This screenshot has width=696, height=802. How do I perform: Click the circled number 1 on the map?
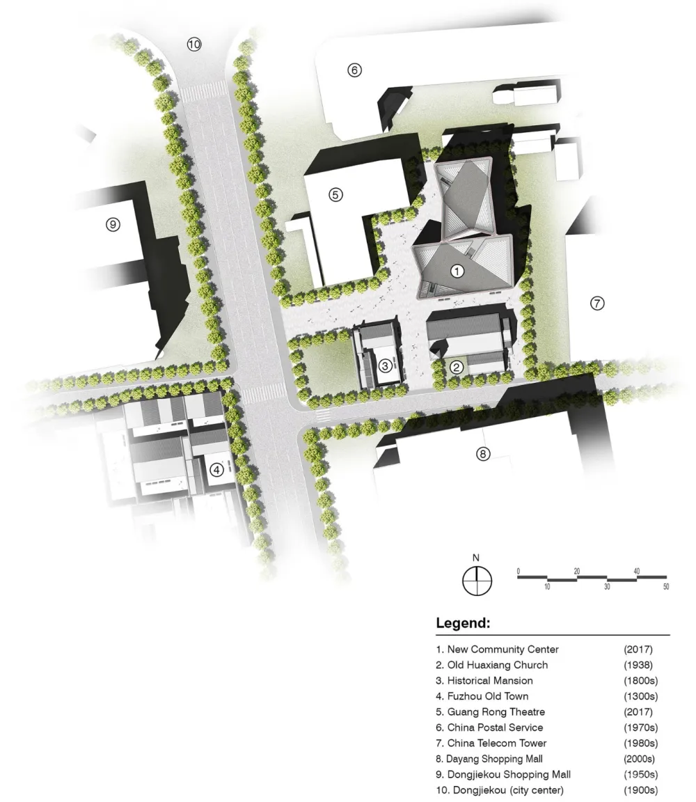(457, 271)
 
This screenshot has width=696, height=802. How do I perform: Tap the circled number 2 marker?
(457, 367)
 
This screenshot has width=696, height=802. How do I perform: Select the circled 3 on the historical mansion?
(385, 365)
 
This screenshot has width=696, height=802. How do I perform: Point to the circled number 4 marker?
(217, 469)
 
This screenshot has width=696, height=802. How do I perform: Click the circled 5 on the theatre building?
(335, 194)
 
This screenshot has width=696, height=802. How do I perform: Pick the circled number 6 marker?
(354, 70)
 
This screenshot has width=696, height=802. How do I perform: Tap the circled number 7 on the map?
(596, 303)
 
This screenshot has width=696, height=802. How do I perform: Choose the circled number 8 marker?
(483, 453)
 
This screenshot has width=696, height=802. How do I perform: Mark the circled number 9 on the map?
(113, 224)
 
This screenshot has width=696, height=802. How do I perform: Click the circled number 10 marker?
(193, 45)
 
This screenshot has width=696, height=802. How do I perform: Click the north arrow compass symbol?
(477, 581)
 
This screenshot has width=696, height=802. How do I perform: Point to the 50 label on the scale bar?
(666, 587)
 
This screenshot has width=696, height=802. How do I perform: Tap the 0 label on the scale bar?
(518, 571)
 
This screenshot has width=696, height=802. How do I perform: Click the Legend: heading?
(463, 622)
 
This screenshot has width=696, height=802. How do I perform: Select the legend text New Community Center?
(503, 649)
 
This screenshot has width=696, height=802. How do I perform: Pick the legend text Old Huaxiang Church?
(498, 665)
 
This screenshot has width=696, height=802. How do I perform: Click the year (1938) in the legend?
(638, 665)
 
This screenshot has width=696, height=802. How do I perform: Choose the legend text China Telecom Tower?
(497, 743)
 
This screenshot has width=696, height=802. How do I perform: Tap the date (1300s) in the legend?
(641, 696)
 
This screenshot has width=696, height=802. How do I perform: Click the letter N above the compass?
(475, 558)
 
